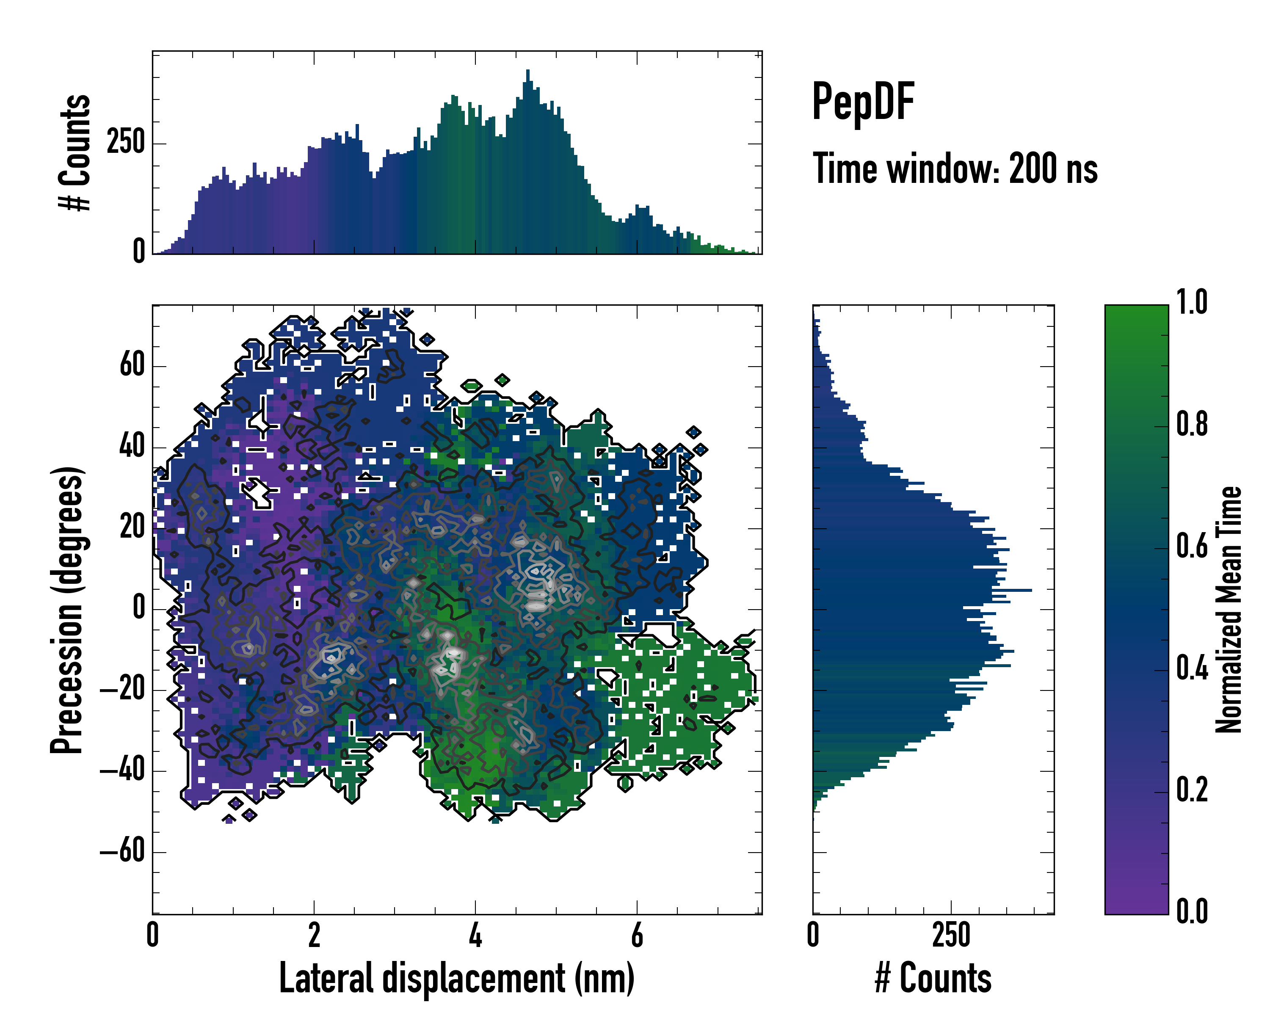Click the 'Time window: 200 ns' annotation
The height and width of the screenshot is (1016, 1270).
(x=955, y=169)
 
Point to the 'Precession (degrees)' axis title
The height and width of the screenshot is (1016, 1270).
(x=66, y=610)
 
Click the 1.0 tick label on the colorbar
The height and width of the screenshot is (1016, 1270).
(x=1192, y=302)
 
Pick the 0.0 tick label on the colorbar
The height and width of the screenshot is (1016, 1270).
(x=1192, y=911)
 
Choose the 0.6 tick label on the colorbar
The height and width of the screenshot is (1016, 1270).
(x=1192, y=546)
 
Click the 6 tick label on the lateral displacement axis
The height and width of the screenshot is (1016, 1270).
(x=637, y=935)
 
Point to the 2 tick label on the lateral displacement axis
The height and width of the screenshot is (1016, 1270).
(x=314, y=935)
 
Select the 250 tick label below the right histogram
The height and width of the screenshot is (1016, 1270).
(x=951, y=935)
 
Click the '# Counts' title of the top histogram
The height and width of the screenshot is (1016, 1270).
(x=75, y=152)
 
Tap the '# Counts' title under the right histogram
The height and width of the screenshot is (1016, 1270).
(x=933, y=978)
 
